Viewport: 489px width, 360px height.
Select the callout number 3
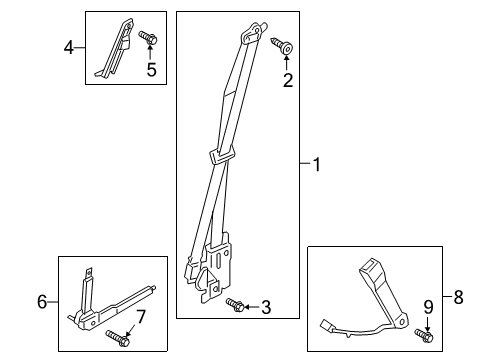click(x=266, y=308)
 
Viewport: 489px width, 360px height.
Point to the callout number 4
click(x=69, y=45)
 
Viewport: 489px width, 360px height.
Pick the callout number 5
click(x=153, y=70)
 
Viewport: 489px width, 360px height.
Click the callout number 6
click(x=42, y=300)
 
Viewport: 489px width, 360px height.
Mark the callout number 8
click(x=458, y=296)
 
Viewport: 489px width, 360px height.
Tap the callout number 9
click(x=428, y=306)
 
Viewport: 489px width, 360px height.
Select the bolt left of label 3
click(x=236, y=304)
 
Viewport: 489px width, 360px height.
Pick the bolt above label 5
click(x=148, y=38)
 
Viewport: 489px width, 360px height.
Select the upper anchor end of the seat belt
click(x=245, y=36)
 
